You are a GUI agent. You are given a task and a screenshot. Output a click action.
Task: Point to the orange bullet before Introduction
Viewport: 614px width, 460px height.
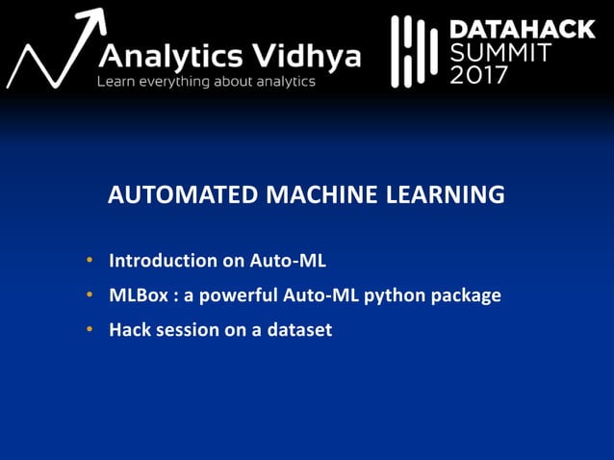[x=89, y=260]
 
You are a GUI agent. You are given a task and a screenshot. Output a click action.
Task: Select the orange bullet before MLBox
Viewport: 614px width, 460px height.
[x=89, y=295]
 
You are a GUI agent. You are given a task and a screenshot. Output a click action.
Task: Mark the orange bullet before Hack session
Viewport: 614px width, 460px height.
[x=89, y=330]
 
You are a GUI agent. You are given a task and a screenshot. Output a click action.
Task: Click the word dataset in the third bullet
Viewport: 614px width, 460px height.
[x=299, y=330]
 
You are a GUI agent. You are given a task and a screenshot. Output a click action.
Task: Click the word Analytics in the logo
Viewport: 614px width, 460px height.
[x=167, y=57]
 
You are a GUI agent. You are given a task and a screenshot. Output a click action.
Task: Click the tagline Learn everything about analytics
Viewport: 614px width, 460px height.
[x=206, y=83]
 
